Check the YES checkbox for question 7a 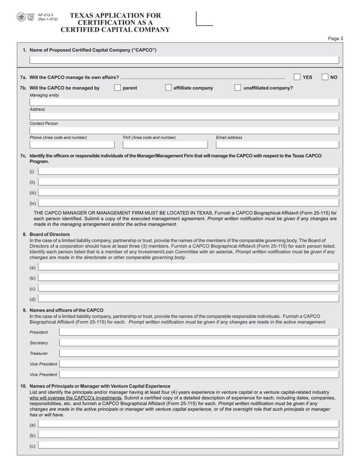pyautogui.click(x=297, y=77)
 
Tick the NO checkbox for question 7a pyautogui.click(x=324, y=77)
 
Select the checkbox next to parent pyautogui.click(x=117, y=87)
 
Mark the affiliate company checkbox pyautogui.click(x=168, y=87)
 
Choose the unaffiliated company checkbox pyautogui.click(x=238, y=87)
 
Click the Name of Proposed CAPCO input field pyautogui.click(x=184, y=60)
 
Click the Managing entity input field pyautogui.click(x=184, y=102)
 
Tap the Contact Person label pyautogui.click(x=43, y=123)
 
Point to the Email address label pyautogui.click(x=229, y=137)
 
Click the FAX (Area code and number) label pyautogui.click(x=149, y=137)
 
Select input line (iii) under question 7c pyautogui.click(x=188, y=192)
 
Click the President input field pyautogui.click(x=199, y=332)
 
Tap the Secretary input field pyautogui.click(x=199, y=342)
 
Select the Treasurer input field pyautogui.click(x=199, y=353)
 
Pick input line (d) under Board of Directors pyautogui.click(x=188, y=299)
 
